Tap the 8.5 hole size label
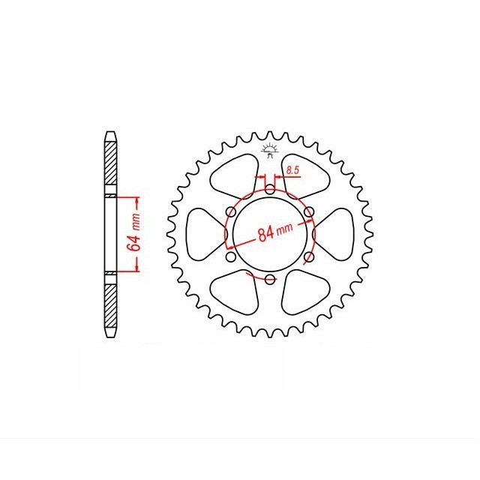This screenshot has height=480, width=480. coord(292,172)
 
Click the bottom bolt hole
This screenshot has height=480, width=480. coord(269,280)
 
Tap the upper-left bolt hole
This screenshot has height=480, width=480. coord(228,211)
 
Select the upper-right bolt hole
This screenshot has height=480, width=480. coord(309,211)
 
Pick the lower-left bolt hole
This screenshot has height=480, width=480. coord(228,259)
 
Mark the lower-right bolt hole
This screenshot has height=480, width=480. coord(309,258)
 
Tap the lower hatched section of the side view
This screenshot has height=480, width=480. coord(110,307)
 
